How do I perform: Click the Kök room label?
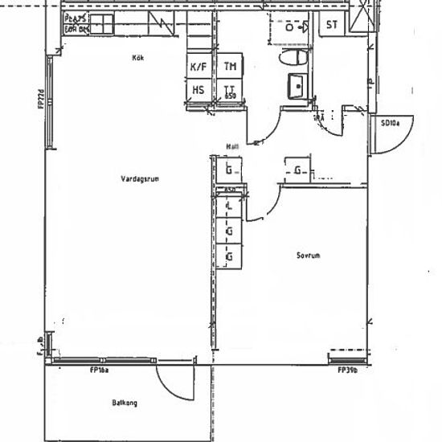138,57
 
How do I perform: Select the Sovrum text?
308,255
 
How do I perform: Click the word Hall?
233,146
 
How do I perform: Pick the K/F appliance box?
198,68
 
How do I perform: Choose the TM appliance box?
231,68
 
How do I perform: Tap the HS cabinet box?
198,90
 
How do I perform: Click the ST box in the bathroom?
331,24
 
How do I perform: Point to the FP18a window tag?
100,370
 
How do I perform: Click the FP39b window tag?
347,370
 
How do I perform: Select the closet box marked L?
230,207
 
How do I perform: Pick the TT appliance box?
231,90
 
